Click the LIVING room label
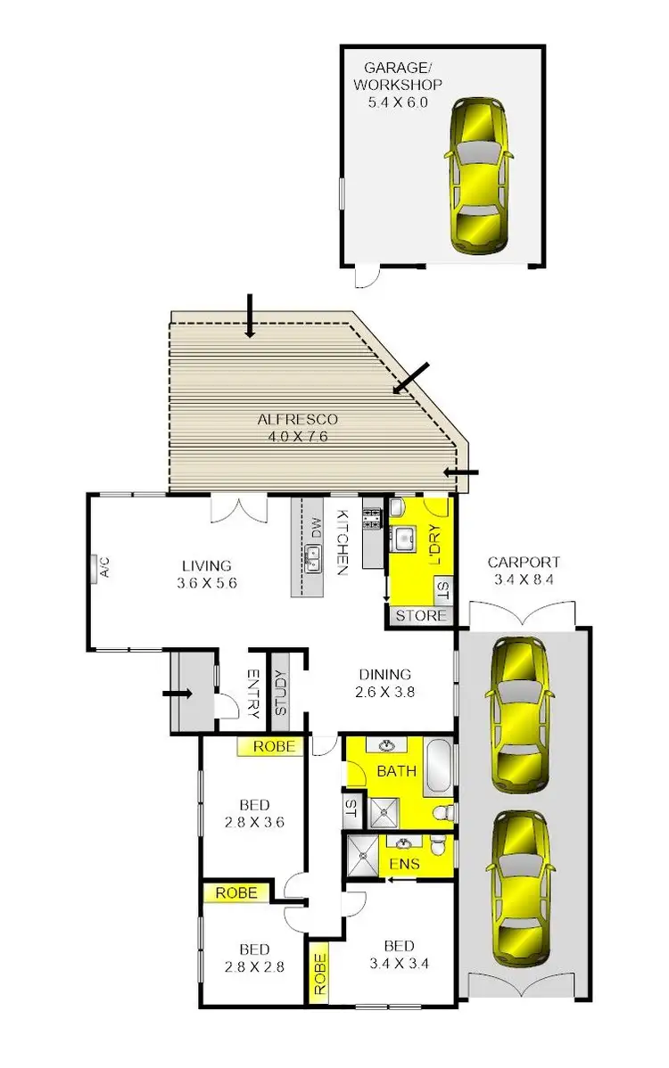[207, 565]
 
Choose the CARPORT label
[524, 563]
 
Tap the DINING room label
[384, 674]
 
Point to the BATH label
[396, 770]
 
